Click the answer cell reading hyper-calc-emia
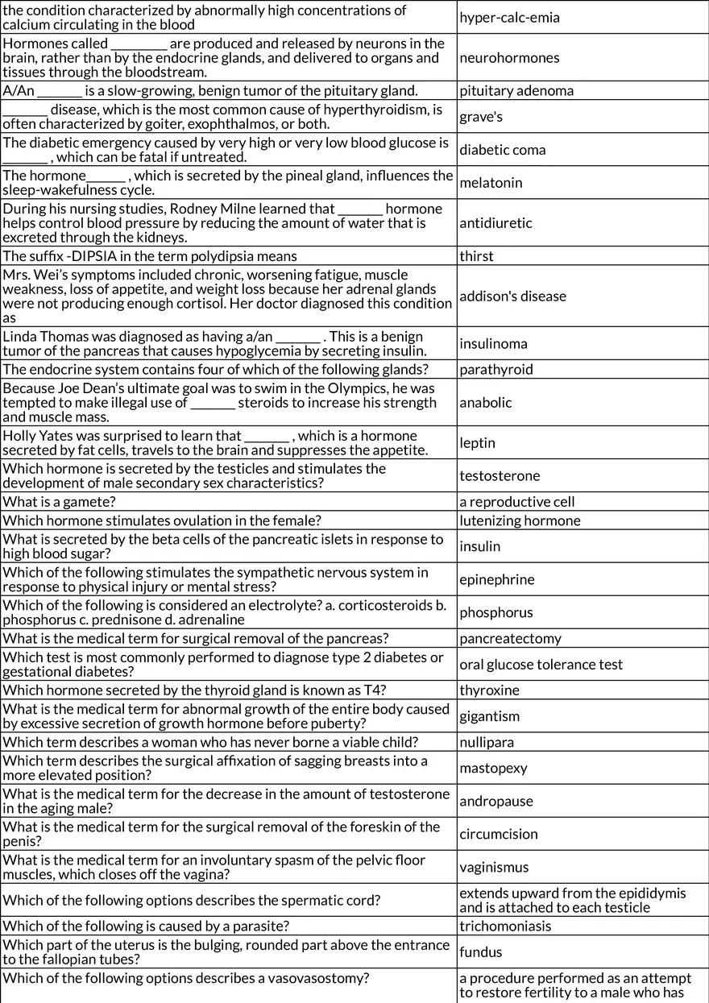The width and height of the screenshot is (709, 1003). click(509, 18)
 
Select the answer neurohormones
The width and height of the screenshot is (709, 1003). click(509, 58)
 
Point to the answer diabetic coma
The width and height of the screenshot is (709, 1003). click(503, 150)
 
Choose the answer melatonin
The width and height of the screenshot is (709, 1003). click(491, 183)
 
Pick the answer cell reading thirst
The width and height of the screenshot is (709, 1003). click(477, 256)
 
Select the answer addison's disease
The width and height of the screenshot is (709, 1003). click(513, 296)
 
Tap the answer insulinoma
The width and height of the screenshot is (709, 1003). click(494, 344)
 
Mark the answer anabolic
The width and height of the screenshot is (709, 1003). click(486, 403)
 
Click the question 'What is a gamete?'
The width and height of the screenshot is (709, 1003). click(58, 502)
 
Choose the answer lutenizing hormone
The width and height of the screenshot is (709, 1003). click(520, 520)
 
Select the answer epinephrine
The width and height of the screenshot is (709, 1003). click(497, 580)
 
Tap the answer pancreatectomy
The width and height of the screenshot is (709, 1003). click(511, 639)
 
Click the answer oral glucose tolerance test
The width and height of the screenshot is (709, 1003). click(541, 665)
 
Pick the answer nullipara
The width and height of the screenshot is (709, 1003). click(487, 742)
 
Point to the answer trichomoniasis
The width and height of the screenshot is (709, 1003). click(505, 926)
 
